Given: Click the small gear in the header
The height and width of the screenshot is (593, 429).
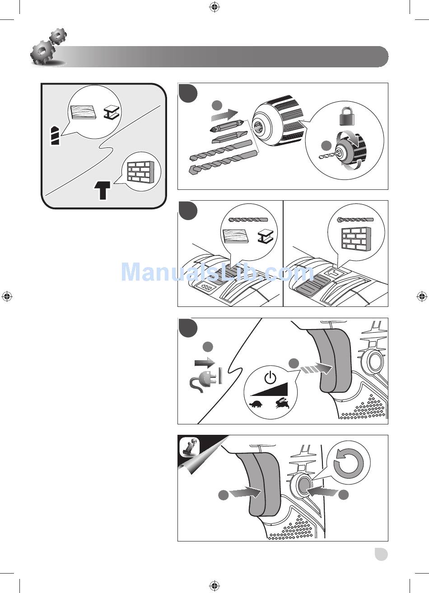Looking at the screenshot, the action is click(x=58, y=35).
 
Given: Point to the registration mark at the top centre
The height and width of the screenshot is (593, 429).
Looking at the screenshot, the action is click(x=214, y=7).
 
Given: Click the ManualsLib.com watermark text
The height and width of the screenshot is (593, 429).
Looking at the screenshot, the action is click(x=217, y=272).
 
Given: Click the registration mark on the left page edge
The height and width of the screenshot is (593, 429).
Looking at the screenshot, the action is click(x=7, y=296).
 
